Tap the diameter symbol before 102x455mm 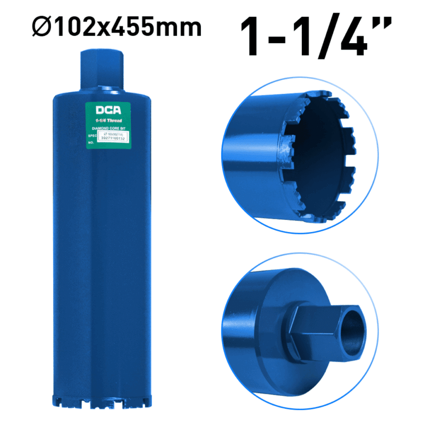(40, 27)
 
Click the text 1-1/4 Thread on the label (109, 120)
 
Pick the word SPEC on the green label (92, 135)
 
